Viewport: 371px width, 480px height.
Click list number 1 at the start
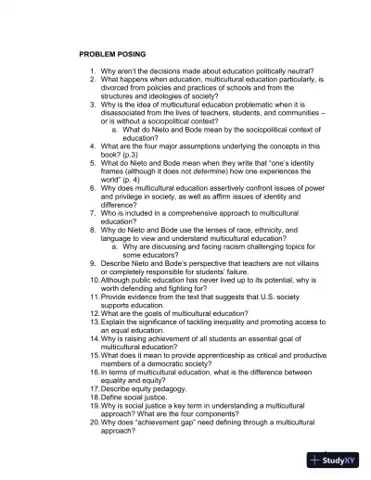point(92,71)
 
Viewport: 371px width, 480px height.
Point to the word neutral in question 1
point(295,71)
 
